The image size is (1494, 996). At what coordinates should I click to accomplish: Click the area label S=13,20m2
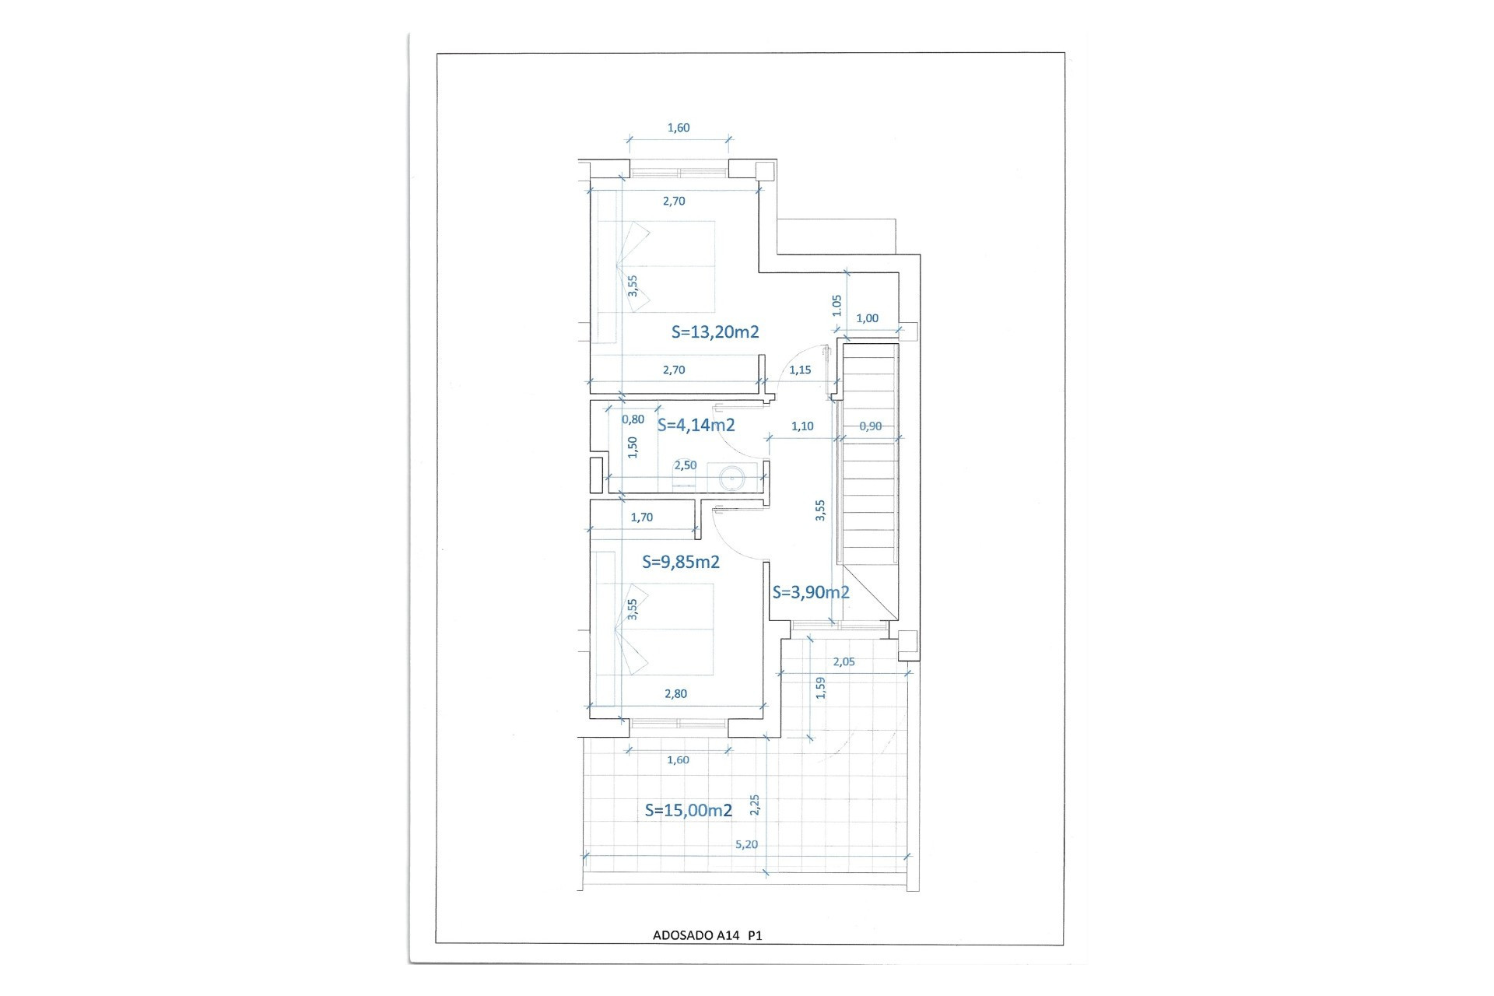(715, 332)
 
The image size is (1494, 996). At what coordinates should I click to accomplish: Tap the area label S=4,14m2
(696, 425)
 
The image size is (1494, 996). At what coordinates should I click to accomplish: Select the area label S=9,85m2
(681, 562)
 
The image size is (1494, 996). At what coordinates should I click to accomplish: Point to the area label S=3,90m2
(811, 592)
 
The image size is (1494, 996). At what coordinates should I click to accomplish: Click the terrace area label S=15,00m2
(689, 810)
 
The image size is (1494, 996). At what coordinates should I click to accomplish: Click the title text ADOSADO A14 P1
(707, 935)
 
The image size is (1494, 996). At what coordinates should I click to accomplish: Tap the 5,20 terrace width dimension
(746, 844)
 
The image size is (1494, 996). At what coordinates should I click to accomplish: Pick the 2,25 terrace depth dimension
(754, 805)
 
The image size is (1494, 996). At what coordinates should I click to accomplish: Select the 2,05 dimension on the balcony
(843, 662)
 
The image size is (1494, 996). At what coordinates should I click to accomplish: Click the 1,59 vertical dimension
(820, 688)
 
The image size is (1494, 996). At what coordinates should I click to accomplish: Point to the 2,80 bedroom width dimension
(675, 694)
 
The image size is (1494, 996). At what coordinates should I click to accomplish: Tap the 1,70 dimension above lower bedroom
(642, 517)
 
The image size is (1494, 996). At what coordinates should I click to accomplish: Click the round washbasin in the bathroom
(732, 478)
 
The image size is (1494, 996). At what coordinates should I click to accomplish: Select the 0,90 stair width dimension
(871, 426)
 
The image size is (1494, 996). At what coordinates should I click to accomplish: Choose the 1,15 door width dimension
(800, 370)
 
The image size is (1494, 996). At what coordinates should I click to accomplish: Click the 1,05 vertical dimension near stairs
(837, 305)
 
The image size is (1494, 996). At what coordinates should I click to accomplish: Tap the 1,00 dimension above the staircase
(867, 318)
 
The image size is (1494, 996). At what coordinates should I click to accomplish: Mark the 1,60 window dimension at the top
(679, 128)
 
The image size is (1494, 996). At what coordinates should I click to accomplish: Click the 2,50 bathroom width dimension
(686, 465)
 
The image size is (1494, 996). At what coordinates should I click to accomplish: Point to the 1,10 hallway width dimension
(802, 426)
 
